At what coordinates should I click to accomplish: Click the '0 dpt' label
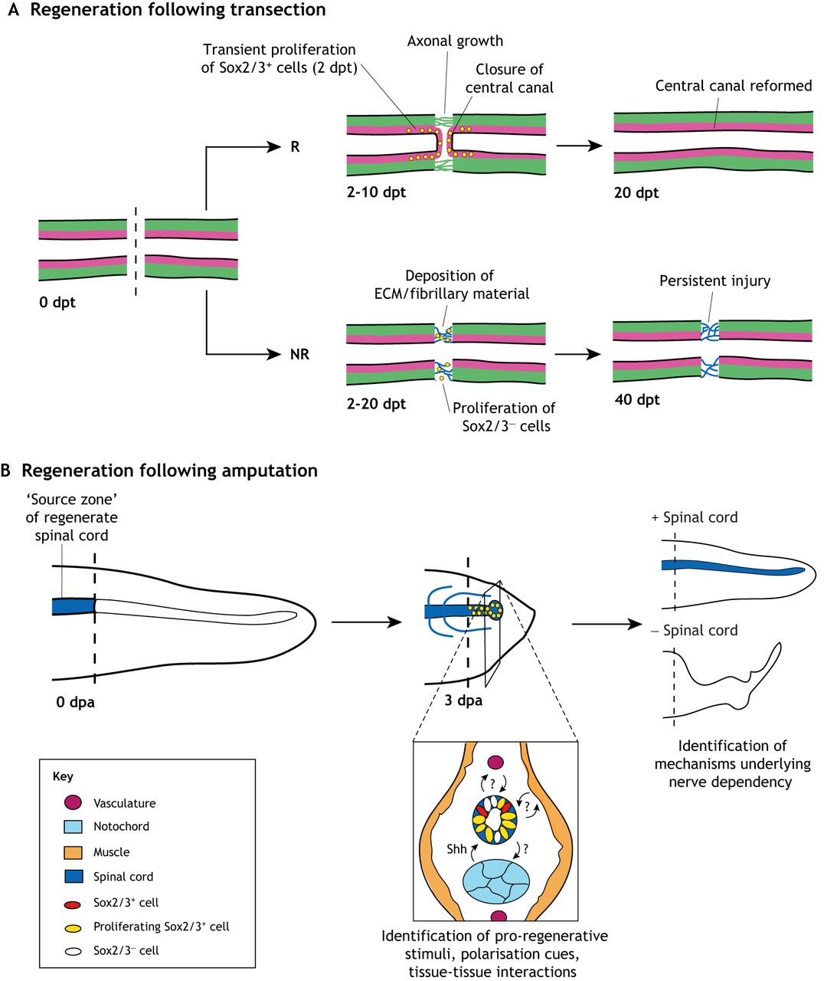point(57,303)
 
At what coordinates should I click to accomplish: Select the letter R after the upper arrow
point(296,146)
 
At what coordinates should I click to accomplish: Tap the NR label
point(299,354)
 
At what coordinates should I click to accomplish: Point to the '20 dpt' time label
point(636,193)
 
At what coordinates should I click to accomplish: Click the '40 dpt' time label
point(637,399)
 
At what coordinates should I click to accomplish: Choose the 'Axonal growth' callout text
point(455,41)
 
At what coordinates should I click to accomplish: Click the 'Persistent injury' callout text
point(714,281)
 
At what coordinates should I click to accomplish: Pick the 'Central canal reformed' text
point(733,86)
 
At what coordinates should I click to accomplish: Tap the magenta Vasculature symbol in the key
point(74,802)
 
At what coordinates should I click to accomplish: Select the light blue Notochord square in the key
point(74,826)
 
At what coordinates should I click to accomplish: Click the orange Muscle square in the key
point(74,851)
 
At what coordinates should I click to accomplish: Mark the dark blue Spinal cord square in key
point(74,876)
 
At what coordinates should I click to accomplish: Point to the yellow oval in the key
point(74,927)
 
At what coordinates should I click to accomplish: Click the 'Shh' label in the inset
point(456,849)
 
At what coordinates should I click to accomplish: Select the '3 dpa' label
point(463,700)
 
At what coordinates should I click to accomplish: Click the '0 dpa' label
point(75,702)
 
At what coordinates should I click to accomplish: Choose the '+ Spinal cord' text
point(694,517)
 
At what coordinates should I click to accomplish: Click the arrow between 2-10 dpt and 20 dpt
point(579,145)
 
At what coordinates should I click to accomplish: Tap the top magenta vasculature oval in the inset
point(495,763)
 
